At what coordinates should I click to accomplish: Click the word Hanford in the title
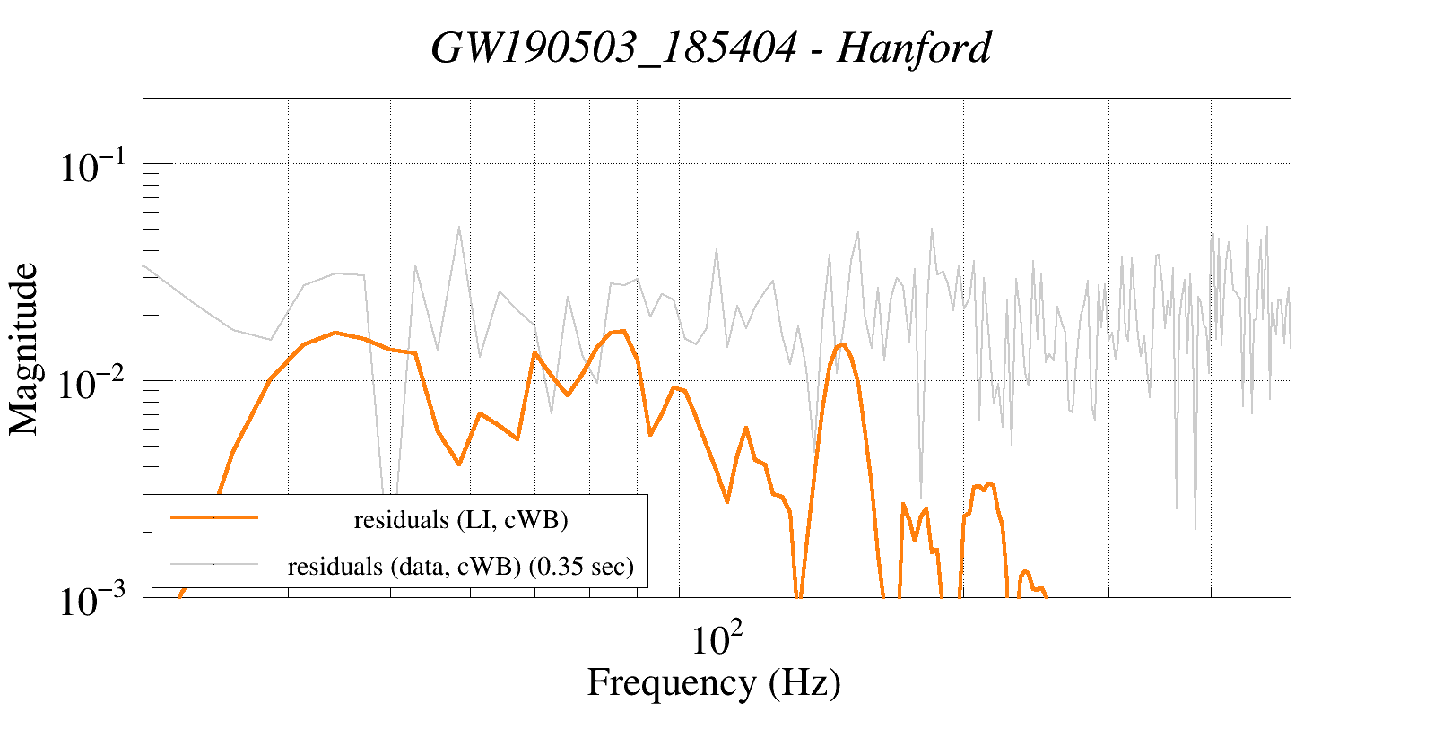click(x=914, y=48)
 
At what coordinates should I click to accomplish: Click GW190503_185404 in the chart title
click(x=613, y=48)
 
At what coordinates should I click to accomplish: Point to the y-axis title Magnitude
click(x=24, y=349)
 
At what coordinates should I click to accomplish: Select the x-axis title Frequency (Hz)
click(x=714, y=682)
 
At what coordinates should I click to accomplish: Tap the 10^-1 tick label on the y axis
click(x=95, y=168)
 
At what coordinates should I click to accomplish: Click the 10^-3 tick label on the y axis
click(x=95, y=601)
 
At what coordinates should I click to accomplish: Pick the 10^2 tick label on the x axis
click(x=717, y=639)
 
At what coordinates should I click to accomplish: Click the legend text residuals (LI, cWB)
click(x=461, y=520)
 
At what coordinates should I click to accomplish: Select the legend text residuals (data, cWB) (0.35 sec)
click(x=461, y=567)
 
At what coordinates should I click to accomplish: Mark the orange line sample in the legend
click(x=214, y=517)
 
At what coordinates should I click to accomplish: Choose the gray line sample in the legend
click(x=214, y=564)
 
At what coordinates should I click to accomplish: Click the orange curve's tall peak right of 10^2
click(x=842, y=344)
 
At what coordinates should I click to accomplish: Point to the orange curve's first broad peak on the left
click(x=335, y=333)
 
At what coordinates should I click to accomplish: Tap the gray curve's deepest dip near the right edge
click(x=1195, y=528)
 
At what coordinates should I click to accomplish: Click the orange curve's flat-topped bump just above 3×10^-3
click(x=985, y=486)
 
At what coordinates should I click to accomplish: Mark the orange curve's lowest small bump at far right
click(x=1026, y=572)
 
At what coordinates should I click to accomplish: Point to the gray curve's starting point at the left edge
click(x=144, y=265)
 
